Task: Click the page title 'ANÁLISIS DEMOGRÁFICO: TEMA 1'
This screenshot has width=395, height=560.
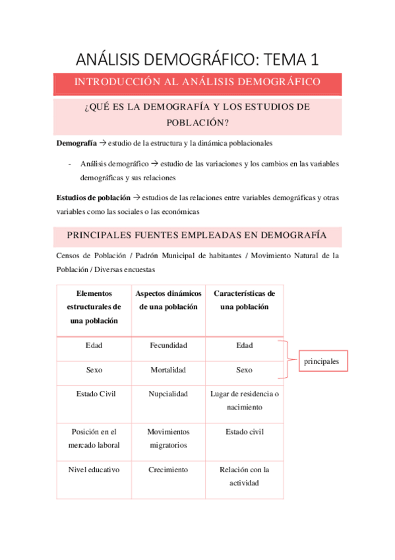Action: pos(197,59)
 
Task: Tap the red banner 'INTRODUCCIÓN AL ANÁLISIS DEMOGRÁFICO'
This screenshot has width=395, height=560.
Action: pos(197,83)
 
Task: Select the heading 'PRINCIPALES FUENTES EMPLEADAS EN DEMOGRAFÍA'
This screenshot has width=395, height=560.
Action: pos(197,235)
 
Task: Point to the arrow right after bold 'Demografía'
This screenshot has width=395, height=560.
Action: pos(102,143)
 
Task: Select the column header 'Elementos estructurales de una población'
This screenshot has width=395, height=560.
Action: pos(94,306)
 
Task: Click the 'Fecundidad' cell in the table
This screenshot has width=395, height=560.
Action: pos(168,345)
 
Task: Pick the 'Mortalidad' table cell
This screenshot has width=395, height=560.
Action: pos(168,370)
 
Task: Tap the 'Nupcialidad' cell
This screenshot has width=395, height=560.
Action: pos(168,394)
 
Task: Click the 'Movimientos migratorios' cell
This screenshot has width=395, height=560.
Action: pos(168,438)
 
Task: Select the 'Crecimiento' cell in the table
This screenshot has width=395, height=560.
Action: pos(168,470)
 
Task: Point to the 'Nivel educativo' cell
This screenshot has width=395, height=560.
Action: pos(94,470)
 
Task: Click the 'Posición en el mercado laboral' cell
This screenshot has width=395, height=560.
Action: pos(94,438)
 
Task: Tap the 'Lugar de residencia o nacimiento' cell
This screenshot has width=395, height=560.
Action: pos(244,401)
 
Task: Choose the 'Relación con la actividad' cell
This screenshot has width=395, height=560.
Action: pos(244,476)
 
